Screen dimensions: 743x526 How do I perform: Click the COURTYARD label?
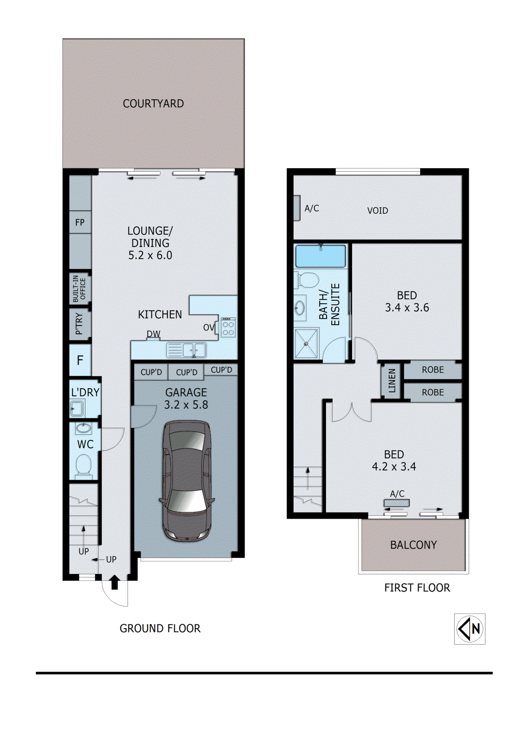[x=153, y=104]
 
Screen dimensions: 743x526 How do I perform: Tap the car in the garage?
[x=186, y=481]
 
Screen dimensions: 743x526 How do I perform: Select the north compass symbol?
[x=470, y=629]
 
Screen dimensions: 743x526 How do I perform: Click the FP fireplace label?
[x=80, y=222]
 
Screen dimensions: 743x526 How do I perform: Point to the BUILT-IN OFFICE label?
[x=80, y=289]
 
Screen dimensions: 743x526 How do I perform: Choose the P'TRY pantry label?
[x=79, y=324]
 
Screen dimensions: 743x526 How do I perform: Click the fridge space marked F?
[x=80, y=360]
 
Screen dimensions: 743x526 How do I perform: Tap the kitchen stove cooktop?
[x=228, y=327]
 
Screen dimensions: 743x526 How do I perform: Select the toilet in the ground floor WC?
[x=84, y=465]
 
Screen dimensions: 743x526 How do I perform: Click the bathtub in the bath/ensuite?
[x=321, y=256]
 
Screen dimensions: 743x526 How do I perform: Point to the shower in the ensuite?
[x=306, y=343]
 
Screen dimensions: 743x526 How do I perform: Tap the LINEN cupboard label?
[x=392, y=381]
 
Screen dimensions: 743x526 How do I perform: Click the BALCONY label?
[x=413, y=545]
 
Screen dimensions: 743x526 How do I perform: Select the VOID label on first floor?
[x=377, y=211]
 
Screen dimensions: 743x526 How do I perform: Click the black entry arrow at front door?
[x=115, y=582]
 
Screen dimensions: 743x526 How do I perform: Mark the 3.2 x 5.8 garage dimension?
[x=186, y=405]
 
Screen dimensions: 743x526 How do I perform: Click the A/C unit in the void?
[x=297, y=208]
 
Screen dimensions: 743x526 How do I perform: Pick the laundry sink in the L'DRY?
[x=77, y=409]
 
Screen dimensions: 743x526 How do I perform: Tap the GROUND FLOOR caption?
[x=160, y=628]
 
